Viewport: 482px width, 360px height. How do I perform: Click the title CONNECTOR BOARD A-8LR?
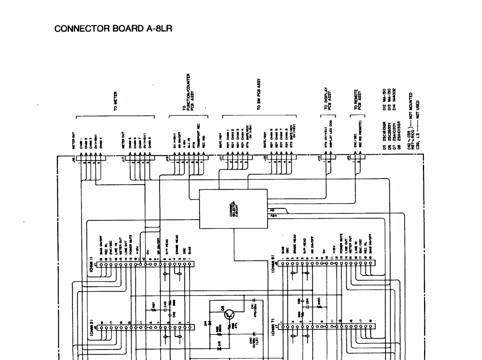coord(113,29)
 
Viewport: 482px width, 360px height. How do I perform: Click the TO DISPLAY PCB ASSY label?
coord(328,100)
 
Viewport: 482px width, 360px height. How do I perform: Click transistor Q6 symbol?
coord(229,314)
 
